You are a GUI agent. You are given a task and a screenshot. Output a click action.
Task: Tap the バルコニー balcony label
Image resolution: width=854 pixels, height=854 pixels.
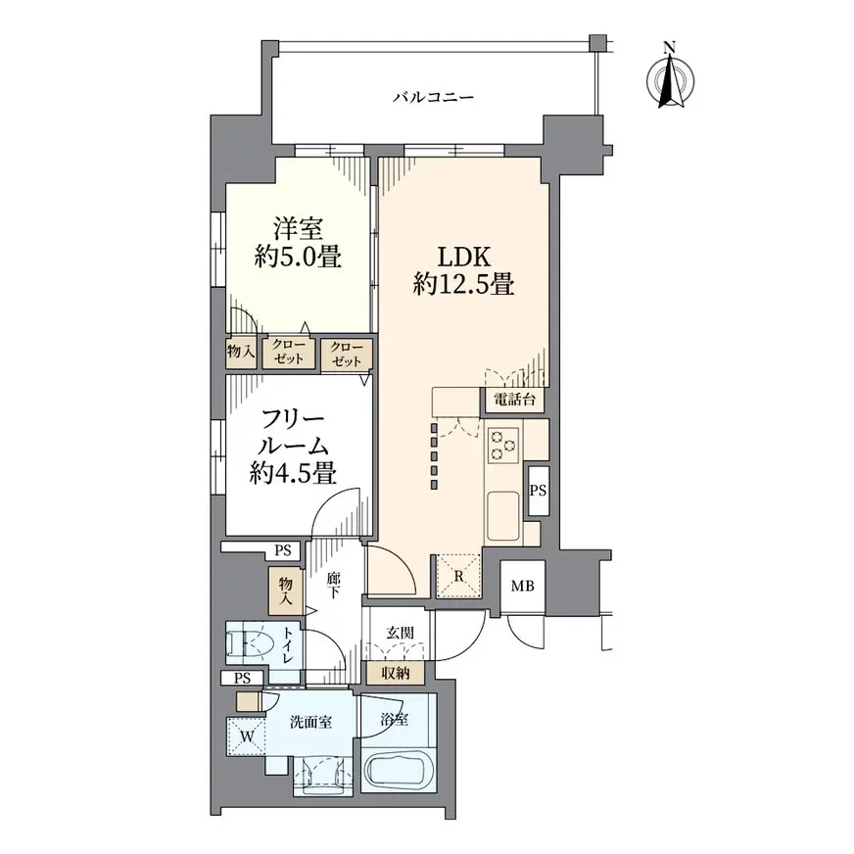click(433, 97)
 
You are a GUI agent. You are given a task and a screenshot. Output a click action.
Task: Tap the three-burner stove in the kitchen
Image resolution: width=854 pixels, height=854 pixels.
click(504, 446)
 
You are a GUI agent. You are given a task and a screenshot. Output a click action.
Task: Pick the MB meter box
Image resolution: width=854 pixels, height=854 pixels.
click(522, 587)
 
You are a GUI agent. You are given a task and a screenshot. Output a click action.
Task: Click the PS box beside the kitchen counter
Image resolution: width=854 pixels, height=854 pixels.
click(538, 491)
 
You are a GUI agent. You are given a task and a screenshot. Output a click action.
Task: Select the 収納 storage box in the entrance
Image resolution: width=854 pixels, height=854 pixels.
click(396, 674)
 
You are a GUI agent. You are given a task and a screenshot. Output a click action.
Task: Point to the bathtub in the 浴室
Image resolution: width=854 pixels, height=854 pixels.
click(400, 772)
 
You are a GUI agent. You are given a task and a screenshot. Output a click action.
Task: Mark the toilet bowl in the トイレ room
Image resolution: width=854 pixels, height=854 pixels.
click(254, 642)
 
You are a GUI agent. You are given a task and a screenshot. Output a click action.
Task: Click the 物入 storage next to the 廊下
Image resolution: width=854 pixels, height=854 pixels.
click(286, 589)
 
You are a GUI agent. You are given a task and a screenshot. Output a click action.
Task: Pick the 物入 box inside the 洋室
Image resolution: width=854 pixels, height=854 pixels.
click(240, 352)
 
